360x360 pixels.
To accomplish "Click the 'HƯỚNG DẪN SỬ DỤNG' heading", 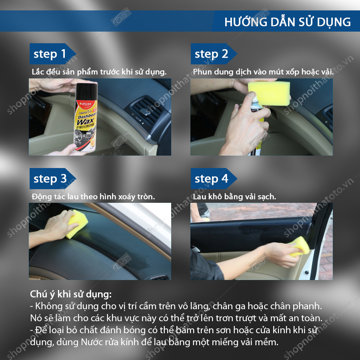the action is [x=288, y=22].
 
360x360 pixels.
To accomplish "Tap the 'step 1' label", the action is [x=50, y=54].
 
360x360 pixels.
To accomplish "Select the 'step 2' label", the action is [x=211, y=54].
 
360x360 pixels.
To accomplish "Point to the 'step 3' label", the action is [x=50, y=179].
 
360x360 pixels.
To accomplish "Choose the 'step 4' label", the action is [x=211, y=179].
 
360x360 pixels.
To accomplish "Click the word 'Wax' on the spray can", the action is [x=86, y=121].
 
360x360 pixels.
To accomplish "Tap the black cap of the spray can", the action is [x=86, y=91].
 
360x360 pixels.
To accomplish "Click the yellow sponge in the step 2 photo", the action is [x=269, y=93].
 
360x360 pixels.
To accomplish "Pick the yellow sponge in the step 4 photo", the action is [x=299, y=246].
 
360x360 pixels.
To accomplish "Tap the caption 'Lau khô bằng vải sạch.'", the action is [x=234, y=197].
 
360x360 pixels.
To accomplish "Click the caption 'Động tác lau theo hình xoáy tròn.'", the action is [x=93, y=197].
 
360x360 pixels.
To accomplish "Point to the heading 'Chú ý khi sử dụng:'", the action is [x=71, y=294].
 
